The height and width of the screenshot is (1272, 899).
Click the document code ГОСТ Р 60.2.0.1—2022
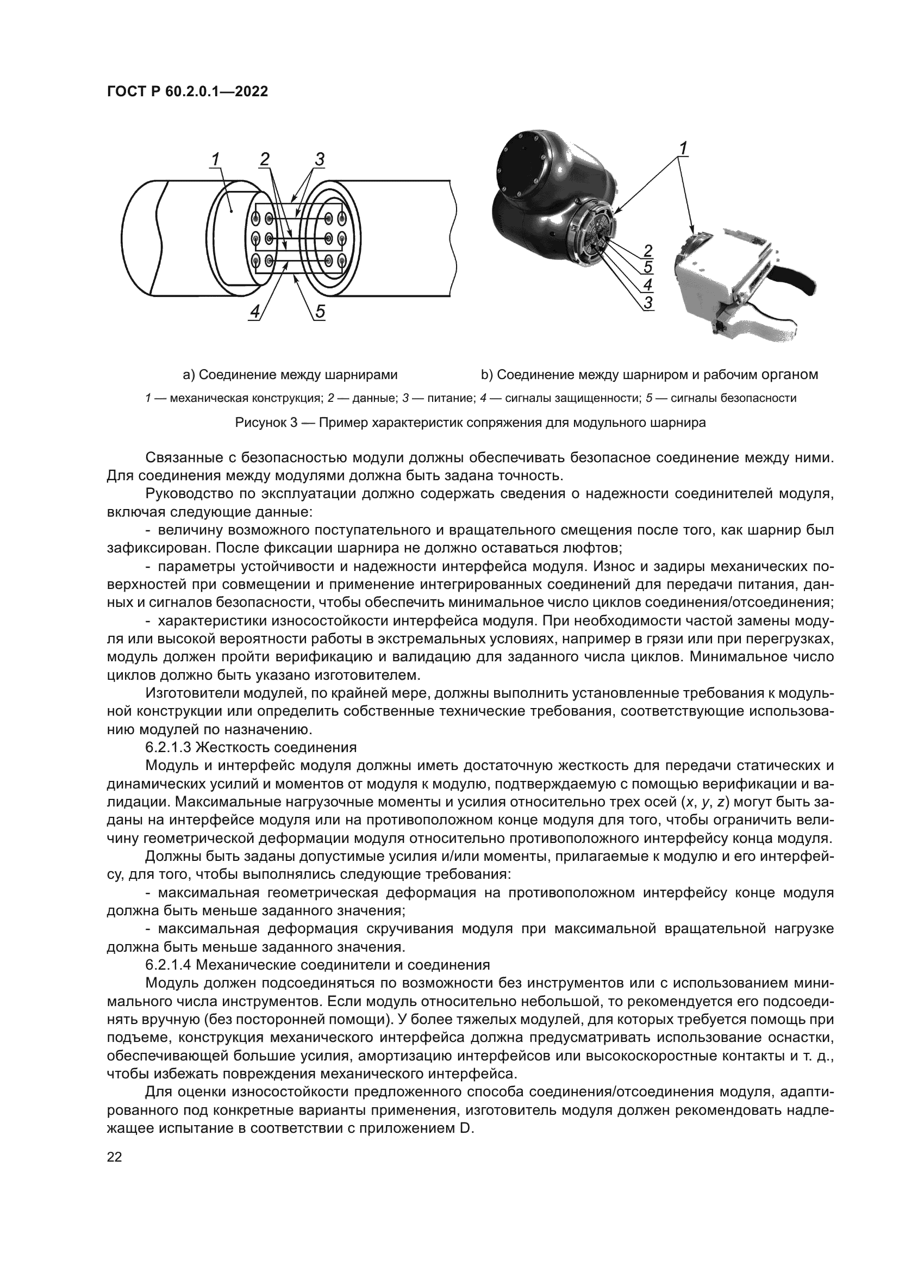[x=187, y=91]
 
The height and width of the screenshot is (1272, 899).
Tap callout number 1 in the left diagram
[x=214, y=159]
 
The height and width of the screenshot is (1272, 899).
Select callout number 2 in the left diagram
[x=264, y=159]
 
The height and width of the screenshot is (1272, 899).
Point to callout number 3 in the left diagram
[x=320, y=159]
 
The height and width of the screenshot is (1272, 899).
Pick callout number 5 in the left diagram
[x=320, y=312]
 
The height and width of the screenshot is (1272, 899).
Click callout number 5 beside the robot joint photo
[x=648, y=268]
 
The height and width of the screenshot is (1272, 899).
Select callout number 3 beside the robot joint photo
[x=648, y=302]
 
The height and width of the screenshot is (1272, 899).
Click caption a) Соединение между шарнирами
[x=290, y=375]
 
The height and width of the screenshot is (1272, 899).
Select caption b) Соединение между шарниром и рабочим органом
[x=650, y=375]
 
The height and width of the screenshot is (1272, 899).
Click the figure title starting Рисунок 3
[x=471, y=423]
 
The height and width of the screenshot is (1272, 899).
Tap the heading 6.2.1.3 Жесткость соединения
[x=251, y=747]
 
